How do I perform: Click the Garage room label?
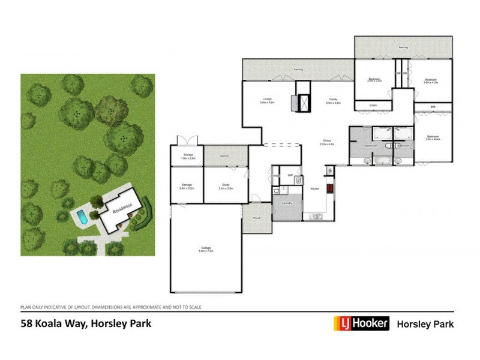click(x=205, y=248)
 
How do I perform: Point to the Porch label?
click(x=257, y=219)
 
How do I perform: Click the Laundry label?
click(x=287, y=203)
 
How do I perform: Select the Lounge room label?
click(x=267, y=100)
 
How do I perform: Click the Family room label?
click(x=333, y=100)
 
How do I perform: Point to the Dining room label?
click(x=326, y=142)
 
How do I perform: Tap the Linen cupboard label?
click(x=373, y=106)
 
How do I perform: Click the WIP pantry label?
click(x=290, y=175)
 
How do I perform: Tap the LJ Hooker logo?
click(x=361, y=324)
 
